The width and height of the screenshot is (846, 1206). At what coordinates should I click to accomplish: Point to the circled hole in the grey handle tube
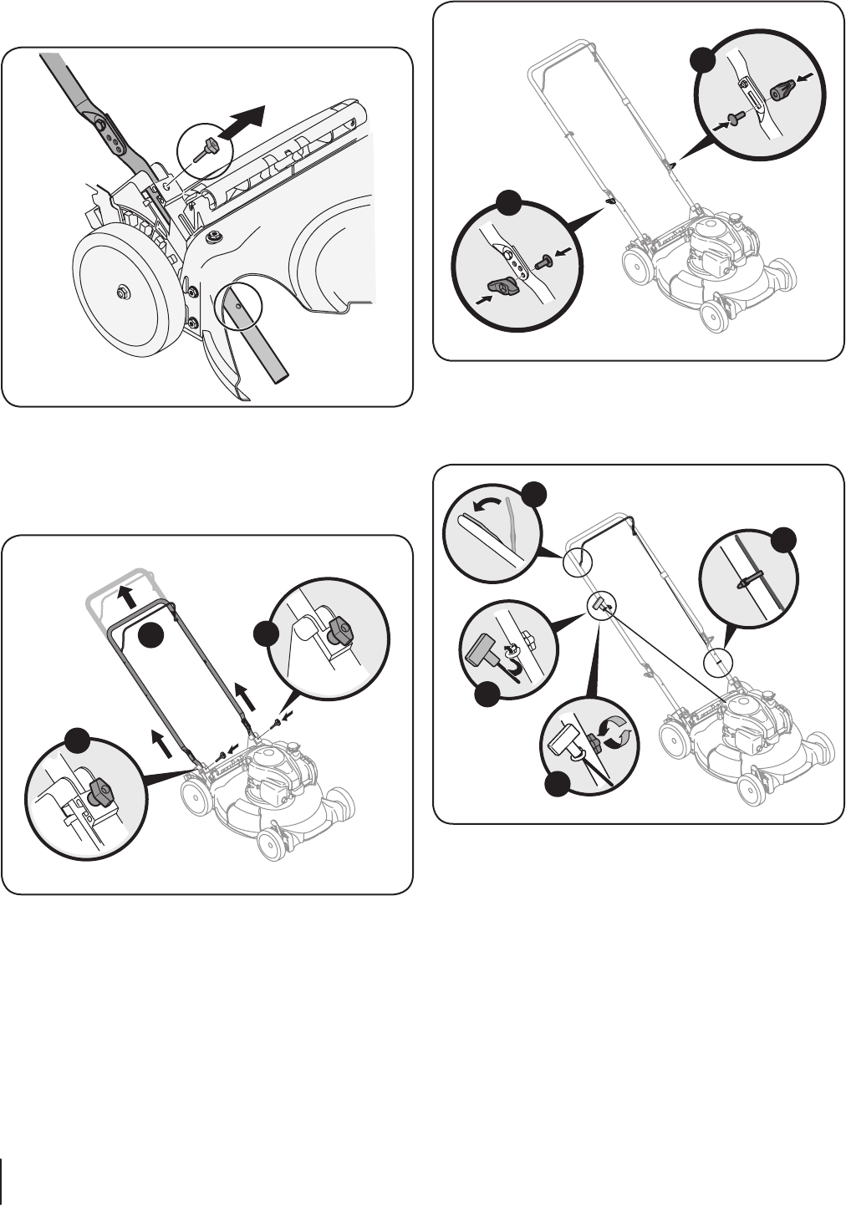240,307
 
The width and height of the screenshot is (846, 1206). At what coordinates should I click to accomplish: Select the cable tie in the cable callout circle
748,578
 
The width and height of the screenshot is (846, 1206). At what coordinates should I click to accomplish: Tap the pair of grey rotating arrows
617,738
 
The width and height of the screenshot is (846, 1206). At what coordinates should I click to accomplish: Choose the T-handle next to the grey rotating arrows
566,740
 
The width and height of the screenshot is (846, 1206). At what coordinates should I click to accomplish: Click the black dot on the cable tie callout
784,540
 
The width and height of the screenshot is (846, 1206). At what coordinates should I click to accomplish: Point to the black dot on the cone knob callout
702,59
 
